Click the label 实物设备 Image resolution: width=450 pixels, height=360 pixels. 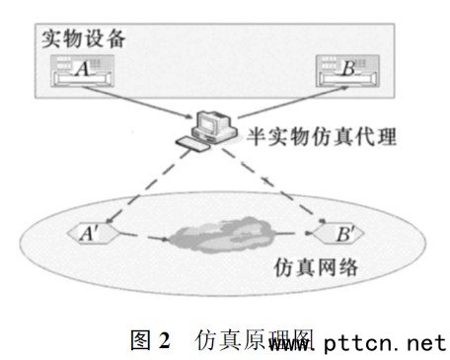[x=85, y=40]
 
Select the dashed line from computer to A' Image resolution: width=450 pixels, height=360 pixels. [x=148, y=187]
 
